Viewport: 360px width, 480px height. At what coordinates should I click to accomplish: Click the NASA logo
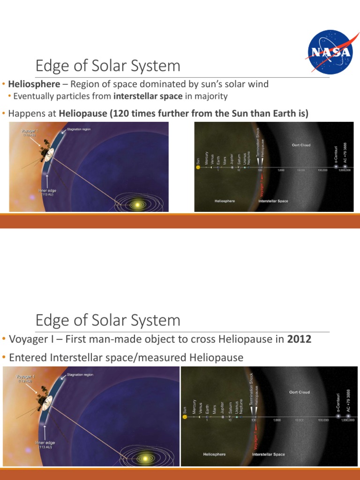point(330,51)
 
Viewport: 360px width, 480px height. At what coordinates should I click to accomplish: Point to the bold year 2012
point(299,339)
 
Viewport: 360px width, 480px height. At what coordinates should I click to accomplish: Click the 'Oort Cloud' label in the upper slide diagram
point(301,145)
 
